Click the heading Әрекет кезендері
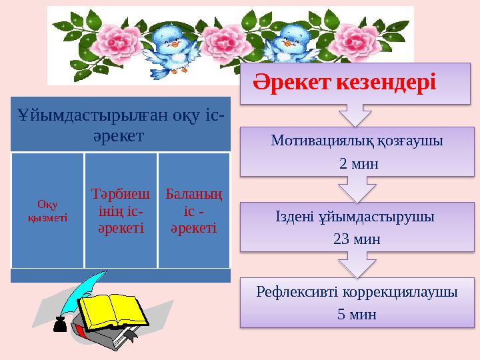coord(344,83)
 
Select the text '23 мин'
coord(357,239)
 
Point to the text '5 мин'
coord(357,314)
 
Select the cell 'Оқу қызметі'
coord(47,210)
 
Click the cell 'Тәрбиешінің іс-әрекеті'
coord(121,210)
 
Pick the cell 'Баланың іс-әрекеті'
coord(194,210)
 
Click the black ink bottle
coord(59,327)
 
